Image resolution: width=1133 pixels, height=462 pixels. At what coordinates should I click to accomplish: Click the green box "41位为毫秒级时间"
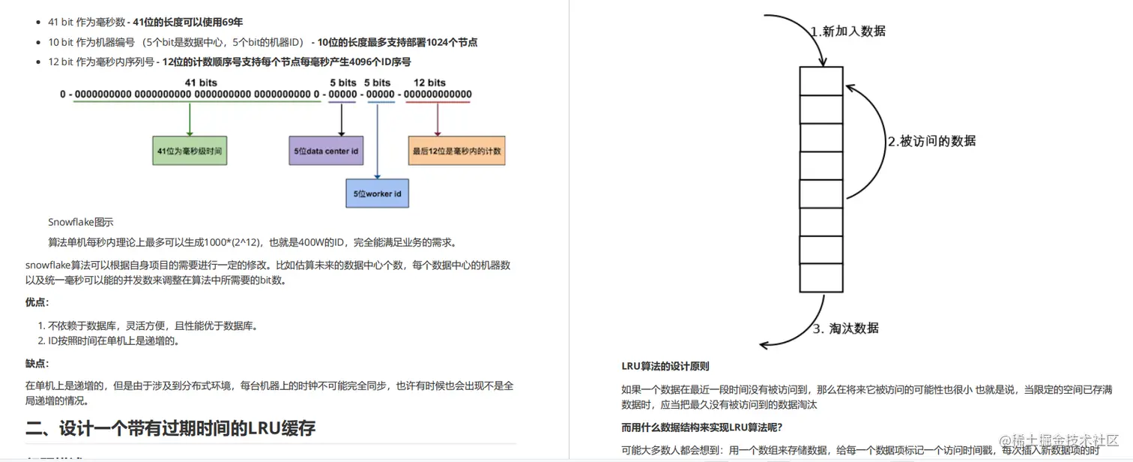click(x=190, y=151)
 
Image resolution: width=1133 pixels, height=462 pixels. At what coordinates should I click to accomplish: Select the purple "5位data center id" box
click(x=326, y=151)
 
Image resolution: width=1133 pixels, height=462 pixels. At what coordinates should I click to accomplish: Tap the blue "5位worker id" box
click(x=377, y=193)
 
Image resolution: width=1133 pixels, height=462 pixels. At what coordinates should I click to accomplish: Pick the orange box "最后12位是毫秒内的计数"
click(x=456, y=151)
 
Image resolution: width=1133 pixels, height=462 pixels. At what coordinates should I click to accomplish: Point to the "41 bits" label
click(x=201, y=82)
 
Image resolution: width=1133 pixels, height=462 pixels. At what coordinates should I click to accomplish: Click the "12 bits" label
click(x=429, y=82)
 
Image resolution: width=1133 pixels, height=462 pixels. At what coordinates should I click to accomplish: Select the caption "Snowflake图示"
click(x=81, y=222)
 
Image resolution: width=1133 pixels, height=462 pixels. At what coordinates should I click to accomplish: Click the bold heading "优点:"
click(x=37, y=302)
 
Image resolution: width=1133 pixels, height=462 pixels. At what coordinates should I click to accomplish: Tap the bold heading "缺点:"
click(x=37, y=364)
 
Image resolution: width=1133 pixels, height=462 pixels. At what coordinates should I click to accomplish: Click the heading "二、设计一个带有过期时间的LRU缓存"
click(x=170, y=428)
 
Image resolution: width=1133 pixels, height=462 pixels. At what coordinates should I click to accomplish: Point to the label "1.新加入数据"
click(x=848, y=31)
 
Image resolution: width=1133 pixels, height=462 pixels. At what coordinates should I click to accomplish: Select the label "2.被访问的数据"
click(x=931, y=141)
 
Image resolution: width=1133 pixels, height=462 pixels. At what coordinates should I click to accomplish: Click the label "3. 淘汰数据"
click(x=846, y=328)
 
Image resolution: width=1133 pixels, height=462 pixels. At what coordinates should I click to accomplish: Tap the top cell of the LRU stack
click(x=821, y=81)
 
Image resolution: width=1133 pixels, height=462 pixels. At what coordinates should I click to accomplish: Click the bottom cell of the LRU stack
click(x=821, y=277)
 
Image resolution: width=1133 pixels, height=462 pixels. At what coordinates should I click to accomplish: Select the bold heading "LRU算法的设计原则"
click(x=665, y=367)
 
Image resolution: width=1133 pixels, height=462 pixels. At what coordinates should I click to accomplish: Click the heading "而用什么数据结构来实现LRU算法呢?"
click(x=701, y=427)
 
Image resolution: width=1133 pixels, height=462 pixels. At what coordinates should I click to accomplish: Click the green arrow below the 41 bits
click(x=190, y=119)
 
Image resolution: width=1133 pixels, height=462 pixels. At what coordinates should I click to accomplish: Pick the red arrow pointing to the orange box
click(x=438, y=119)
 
